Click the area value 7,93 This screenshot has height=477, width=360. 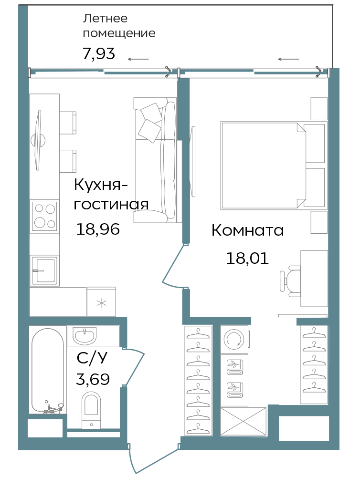99,53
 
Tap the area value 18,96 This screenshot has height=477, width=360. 98,229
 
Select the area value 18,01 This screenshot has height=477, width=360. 247,258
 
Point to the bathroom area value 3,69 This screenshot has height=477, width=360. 93,379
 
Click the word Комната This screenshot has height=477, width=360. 248,230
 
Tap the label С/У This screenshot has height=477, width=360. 92,358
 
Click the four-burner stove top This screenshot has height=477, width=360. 44,216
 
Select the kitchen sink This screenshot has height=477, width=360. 44,270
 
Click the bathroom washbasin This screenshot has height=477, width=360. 85,336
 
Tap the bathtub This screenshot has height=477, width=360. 48,371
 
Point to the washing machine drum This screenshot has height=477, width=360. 234,339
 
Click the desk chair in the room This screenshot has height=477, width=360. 290,281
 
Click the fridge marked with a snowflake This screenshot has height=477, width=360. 101,302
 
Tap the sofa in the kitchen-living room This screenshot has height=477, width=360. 155,160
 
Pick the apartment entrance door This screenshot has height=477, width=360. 154,460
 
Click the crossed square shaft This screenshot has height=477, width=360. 244,422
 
